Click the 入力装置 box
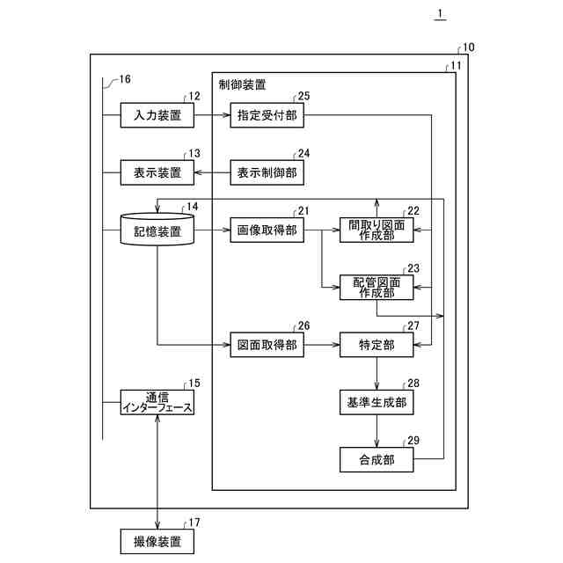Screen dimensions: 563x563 point(157,115)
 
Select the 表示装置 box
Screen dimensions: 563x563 point(157,172)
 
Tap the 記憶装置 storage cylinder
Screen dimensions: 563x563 point(157,230)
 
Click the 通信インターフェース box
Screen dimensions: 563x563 point(157,402)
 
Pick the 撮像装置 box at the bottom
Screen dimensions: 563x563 point(157,540)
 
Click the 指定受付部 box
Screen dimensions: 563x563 point(267,115)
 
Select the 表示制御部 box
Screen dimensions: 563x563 point(267,172)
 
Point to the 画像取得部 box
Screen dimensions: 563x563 point(267,230)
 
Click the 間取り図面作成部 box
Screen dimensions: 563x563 point(376,230)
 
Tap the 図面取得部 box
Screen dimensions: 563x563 point(267,346)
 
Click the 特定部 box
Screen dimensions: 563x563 point(376,346)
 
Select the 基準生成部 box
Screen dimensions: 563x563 point(376,402)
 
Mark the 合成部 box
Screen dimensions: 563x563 point(376,459)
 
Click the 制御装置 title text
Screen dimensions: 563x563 point(243,85)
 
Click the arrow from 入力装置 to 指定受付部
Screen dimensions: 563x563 point(211,115)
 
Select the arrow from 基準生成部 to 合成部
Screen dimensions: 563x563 point(377,431)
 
